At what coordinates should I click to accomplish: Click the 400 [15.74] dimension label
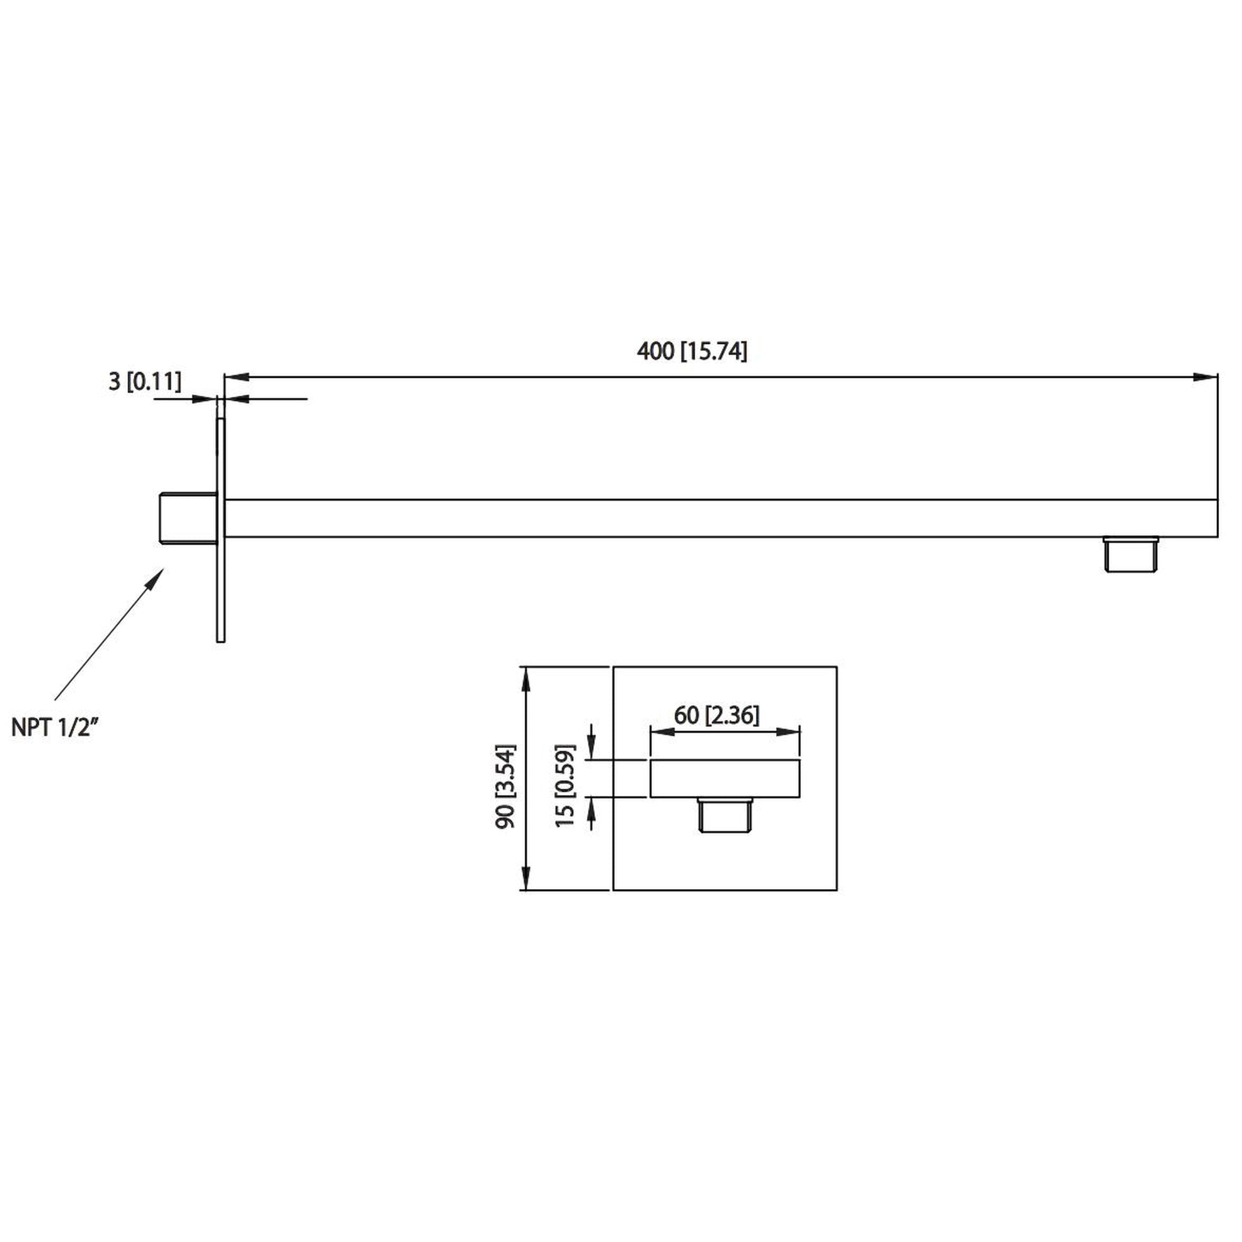692,352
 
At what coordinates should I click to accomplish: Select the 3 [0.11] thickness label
145,381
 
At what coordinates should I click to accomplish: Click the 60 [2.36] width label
716,715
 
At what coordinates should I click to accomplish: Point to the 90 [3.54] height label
506,786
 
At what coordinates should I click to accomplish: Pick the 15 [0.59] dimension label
565,786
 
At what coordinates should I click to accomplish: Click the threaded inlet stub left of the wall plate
188,518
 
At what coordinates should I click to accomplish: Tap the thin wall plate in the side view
220,530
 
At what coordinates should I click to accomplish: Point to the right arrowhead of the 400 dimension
1206,377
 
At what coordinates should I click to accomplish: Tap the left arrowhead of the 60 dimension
661,732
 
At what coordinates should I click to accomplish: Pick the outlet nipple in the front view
725,815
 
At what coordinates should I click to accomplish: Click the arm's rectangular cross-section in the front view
725,779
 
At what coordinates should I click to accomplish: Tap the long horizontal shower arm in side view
720,518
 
